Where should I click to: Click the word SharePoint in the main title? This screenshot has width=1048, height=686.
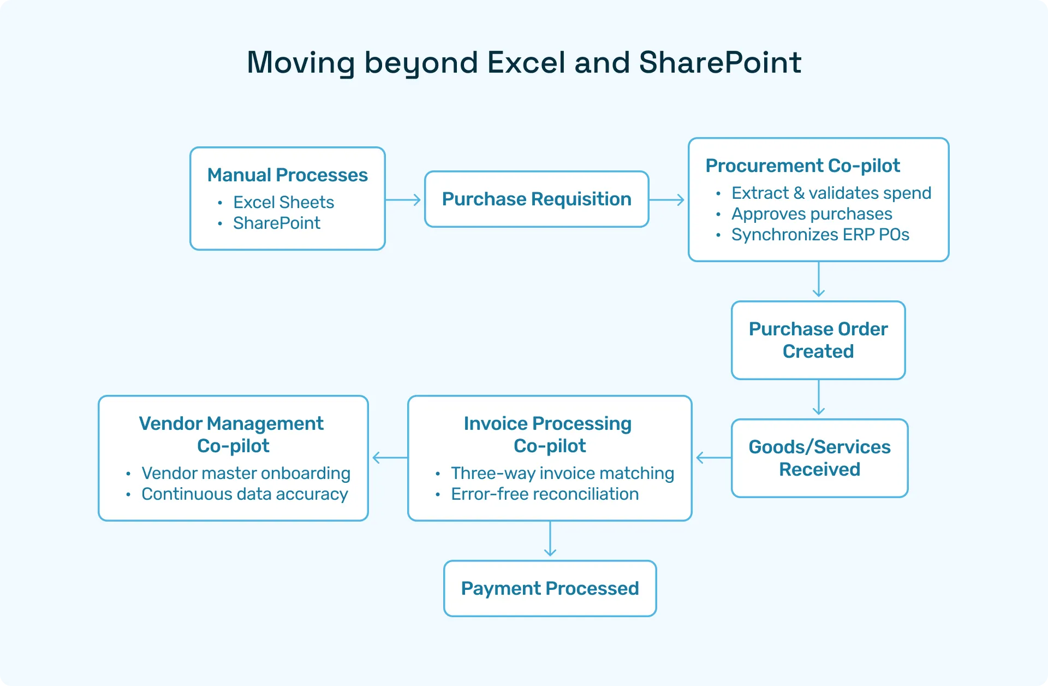719,63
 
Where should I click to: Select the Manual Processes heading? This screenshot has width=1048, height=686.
287,175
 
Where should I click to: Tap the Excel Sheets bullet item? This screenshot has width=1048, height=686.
283,203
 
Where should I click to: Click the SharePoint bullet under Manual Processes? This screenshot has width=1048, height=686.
276,223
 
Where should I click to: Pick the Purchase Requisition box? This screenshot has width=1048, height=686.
537,199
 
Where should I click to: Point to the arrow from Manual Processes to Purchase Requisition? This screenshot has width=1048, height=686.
404,200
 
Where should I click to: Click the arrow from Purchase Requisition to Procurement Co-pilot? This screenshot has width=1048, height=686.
667,200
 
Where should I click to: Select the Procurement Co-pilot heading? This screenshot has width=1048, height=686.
802,165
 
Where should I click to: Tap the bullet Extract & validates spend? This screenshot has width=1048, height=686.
831,193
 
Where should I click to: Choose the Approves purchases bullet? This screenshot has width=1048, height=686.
812,214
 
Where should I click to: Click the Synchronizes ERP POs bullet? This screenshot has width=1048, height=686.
820,235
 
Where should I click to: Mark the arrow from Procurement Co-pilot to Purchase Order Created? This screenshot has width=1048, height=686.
819,280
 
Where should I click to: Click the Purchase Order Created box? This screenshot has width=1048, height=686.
818,340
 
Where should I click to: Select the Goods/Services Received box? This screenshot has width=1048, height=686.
819,458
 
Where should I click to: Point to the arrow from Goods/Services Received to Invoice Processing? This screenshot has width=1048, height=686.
713,458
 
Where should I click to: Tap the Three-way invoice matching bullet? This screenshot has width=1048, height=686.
562,474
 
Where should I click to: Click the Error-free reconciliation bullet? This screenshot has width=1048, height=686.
544,494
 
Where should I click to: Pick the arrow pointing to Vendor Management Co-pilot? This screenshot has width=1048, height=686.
389,458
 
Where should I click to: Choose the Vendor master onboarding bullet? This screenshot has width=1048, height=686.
246,474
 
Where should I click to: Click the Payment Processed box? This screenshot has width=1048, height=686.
550,589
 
